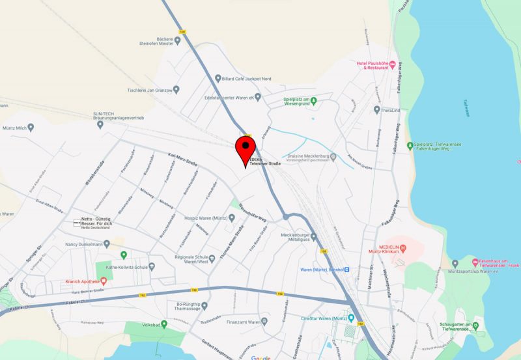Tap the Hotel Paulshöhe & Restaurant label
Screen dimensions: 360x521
(x=372, y=65)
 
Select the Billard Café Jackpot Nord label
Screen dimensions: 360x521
(x=247, y=79)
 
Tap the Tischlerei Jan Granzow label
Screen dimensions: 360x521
(x=149, y=90)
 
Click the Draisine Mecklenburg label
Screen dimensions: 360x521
(x=303, y=156)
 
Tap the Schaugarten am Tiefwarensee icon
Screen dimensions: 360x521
(x=476, y=325)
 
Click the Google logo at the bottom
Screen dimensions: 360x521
(x=260, y=357)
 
